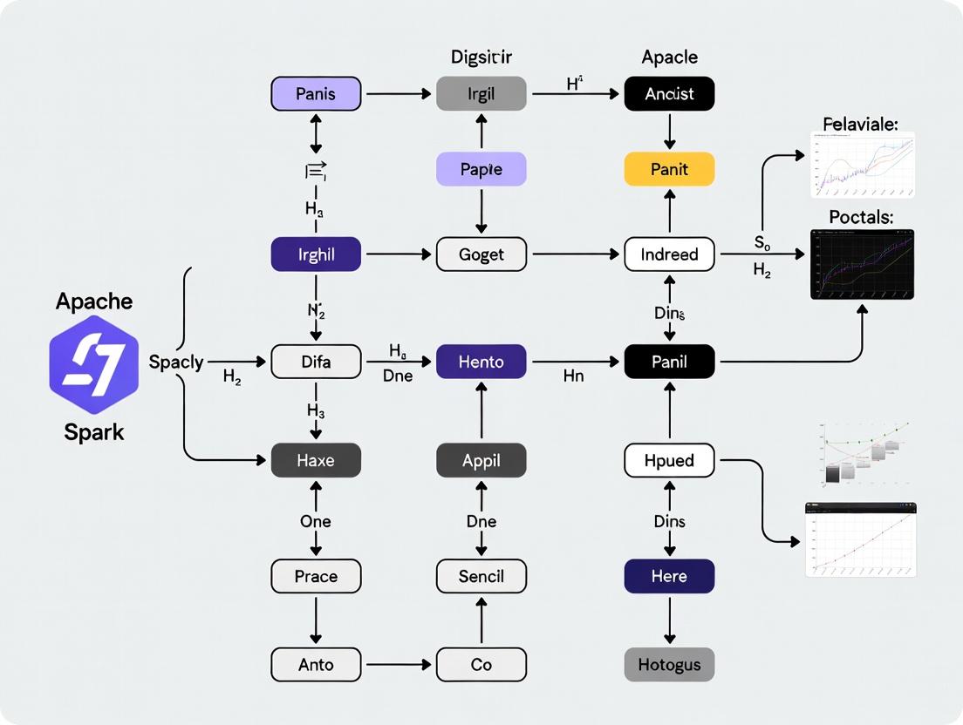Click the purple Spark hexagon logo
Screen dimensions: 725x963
[x=93, y=364]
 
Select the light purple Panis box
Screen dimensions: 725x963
[x=316, y=93]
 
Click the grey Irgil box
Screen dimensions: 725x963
[x=481, y=93]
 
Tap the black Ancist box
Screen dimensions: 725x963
[x=669, y=93]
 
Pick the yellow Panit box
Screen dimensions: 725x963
[x=669, y=169]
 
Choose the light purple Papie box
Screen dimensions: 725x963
[x=481, y=169]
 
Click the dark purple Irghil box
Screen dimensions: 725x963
[x=316, y=254]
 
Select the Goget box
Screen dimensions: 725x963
[x=481, y=254]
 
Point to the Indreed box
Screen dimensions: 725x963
[x=669, y=254]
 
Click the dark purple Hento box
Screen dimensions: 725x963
[x=481, y=361]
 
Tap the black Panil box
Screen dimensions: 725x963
[x=669, y=361]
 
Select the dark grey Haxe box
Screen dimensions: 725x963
[x=316, y=460]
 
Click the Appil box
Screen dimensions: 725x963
[x=481, y=460]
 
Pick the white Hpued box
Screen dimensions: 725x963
[x=669, y=460]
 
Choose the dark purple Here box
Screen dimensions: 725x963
[x=669, y=576]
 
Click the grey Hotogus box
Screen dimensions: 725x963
[x=669, y=665]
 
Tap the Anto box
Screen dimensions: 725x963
[x=316, y=665]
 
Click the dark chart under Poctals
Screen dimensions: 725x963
[x=862, y=265]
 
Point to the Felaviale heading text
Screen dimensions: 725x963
[x=859, y=125]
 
